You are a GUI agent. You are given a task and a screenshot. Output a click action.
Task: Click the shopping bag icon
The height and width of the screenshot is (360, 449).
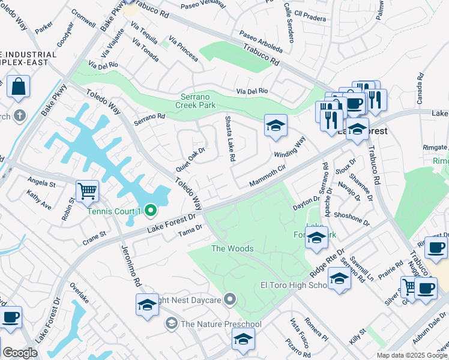pos(19,87)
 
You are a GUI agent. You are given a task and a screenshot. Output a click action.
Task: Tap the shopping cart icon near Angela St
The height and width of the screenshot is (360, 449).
pos(88,191)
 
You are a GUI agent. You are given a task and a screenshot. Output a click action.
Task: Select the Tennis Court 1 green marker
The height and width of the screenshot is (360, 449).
pos(151,210)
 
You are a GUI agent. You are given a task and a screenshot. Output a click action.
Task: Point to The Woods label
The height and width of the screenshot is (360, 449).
pos(232,248)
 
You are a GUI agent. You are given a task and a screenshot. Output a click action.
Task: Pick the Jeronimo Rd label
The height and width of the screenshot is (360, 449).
pos(130,265)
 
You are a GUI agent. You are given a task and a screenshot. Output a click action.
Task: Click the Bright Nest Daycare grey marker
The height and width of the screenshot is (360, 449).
pos(231,299)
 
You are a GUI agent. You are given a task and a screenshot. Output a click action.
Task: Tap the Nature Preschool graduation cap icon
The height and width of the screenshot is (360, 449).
pos(171,324)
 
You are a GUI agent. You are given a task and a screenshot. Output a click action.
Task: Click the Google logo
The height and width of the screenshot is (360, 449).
pos(20,353)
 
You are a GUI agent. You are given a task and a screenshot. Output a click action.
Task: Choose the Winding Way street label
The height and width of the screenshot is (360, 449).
pos(290,147)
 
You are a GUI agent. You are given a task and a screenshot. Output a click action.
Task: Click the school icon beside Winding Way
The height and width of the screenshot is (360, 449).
pos(276,125)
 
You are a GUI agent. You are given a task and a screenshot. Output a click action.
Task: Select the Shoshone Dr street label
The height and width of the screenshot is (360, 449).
pos(352,218)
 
